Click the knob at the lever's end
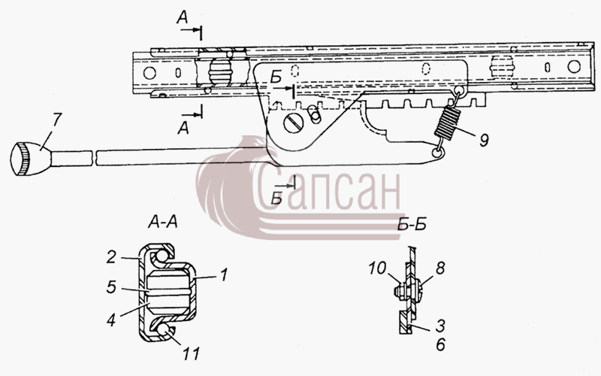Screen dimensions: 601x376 [31, 159]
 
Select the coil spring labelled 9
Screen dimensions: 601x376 [447, 122]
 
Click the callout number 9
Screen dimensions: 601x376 [484, 141]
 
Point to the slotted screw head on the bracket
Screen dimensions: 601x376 [294, 123]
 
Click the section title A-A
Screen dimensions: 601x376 [163, 222]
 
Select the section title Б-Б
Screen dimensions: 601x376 [412, 224]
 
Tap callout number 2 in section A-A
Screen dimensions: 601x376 [110, 256]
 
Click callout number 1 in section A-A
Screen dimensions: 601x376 [223, 275]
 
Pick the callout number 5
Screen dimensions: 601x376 [111, 287]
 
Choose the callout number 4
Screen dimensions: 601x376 [110, 320]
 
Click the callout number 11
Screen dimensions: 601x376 [191, 353]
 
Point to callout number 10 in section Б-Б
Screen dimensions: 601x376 [378, 268]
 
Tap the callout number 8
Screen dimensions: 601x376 [440, 268]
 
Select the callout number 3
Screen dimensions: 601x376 [440, 326]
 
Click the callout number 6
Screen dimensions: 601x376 [440, 344]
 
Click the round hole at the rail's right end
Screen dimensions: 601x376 [574, 66]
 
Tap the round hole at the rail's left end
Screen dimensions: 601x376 [149, 73]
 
